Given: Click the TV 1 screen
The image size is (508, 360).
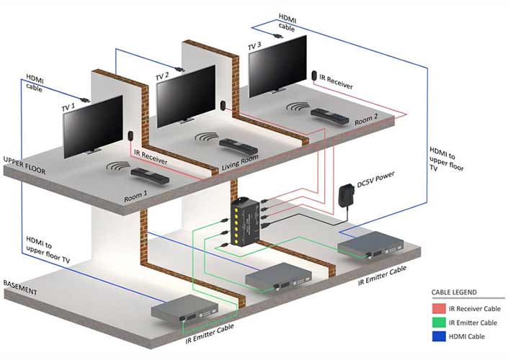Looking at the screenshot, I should [x=93, y=126].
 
